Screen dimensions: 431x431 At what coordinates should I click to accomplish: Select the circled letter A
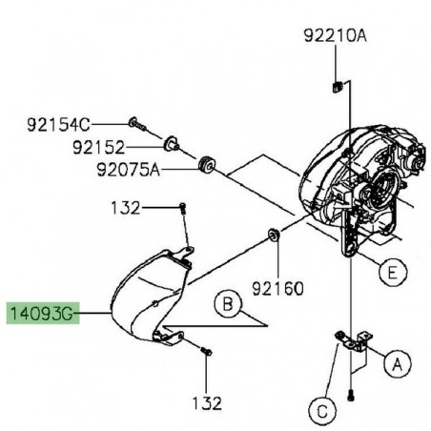point(397,362)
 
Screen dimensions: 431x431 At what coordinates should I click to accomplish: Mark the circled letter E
point(387,273)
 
